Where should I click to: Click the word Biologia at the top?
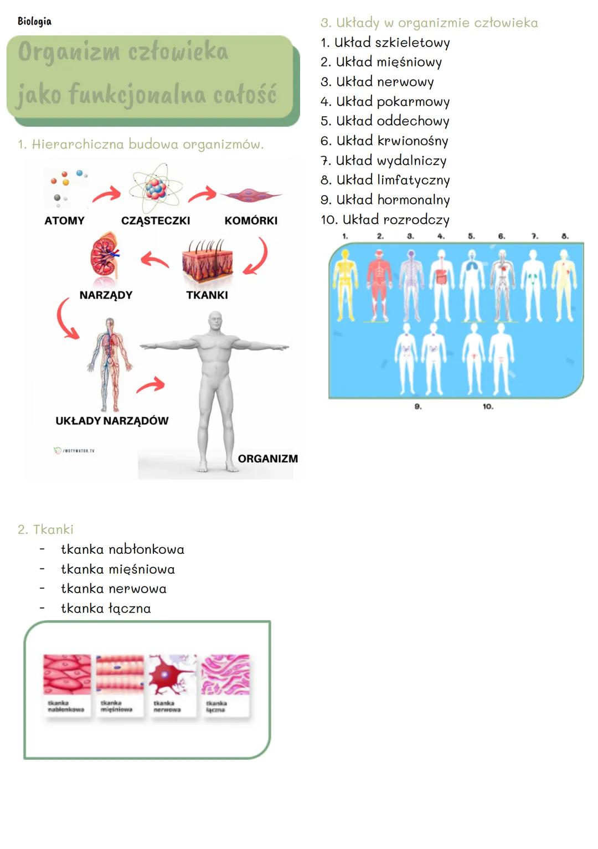coord(34,22)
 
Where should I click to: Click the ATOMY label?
coord(64,220)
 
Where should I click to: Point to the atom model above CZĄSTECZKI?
coord(156,188)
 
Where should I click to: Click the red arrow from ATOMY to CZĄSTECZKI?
coord(106,194)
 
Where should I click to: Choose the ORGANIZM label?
coord(267,459)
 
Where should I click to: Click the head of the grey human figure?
coord(215,322)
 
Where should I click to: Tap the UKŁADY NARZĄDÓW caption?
coord(112,421)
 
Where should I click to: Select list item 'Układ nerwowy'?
coord(378,82)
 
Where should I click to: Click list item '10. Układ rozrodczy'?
coord(385,220)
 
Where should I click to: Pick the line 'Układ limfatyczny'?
coord(385,180)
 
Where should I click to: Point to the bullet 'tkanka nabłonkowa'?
coord(122,549)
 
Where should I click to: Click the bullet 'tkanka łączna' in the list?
coord(106,609)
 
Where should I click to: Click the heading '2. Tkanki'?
coord(45,529)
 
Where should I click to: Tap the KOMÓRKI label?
coord(251,220)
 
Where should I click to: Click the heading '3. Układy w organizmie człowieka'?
coord(429,23)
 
